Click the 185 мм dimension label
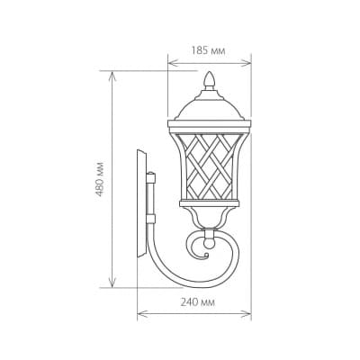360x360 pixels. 208,50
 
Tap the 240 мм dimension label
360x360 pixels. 198,302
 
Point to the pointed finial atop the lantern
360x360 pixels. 210,80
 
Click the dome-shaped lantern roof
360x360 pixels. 210,108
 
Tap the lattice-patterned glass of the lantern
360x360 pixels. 209,166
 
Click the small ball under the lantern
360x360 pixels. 209,242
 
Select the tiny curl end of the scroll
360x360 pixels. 206,256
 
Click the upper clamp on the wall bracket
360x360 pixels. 151,177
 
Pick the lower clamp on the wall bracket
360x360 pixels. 151,219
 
